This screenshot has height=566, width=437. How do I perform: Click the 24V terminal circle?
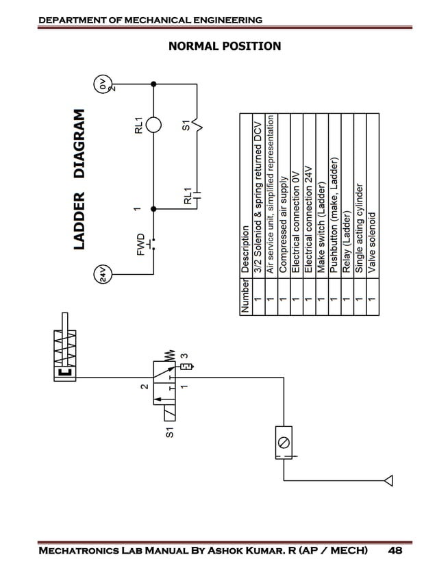[101, 274]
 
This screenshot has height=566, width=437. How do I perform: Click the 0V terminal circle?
[102, 85]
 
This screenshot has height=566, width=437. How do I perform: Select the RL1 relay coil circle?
[153, 126]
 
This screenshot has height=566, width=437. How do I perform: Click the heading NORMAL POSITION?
[225, 46]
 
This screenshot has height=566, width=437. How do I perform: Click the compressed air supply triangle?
[388, 478]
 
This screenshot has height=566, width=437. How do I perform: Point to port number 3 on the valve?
[183, 356]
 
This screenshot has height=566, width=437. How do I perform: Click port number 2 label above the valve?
[143, 386]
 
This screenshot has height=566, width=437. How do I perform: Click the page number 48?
[395, 550]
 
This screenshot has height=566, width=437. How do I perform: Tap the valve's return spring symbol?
[168, 356]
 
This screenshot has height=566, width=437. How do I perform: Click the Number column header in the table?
[246, 294]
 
